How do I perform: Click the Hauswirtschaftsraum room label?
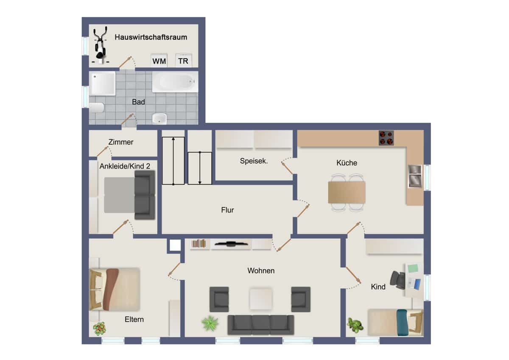(151, 37)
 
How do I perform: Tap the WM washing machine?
(159, 60)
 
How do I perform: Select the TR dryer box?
(184, 60)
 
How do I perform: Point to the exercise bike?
(101, 45)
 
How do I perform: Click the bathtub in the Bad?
(175, 82)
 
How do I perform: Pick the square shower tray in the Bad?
(102, 83)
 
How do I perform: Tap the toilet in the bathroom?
(97, 107)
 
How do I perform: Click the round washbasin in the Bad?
(159, 118)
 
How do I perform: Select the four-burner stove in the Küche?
(386, 138)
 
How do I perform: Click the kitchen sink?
(415, 177)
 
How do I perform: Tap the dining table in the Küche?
(347, 192)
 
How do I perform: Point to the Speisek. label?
(254, 161)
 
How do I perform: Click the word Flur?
(227, 210)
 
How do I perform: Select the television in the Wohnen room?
(231, 244)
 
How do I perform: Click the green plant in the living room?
(210, 323)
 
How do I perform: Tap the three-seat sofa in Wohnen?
(261, 325)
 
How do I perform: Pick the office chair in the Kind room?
(398, 280)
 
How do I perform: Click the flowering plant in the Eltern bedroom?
(99, 329)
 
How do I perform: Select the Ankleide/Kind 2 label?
(125, 166)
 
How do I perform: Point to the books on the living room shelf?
(199, 243)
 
